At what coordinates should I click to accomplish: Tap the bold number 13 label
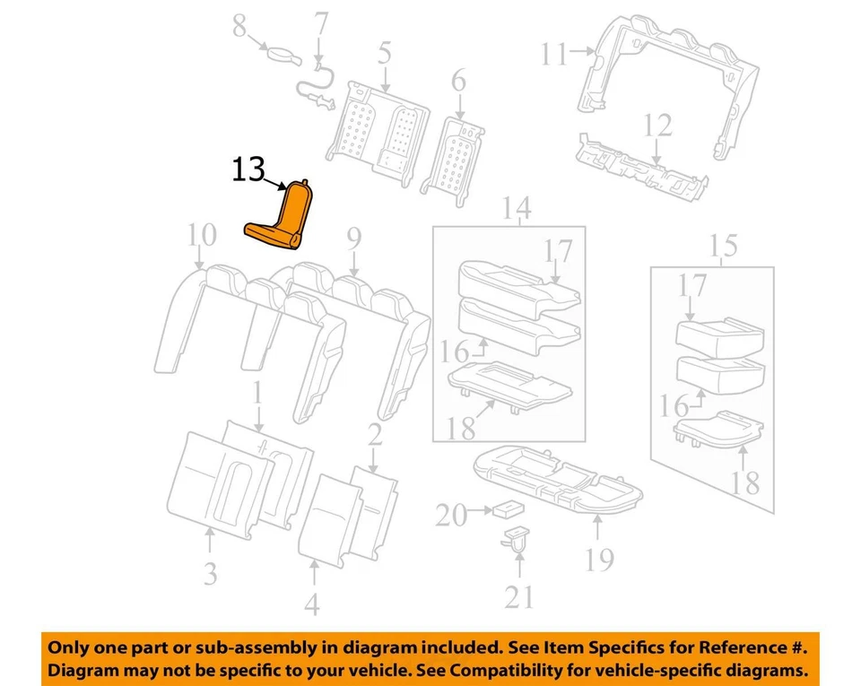(x=250, y=170)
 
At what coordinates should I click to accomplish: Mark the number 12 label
(x=659, y=125)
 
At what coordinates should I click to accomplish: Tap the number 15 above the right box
(x=724, y=244)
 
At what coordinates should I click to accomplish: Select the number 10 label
(x=202, y=236)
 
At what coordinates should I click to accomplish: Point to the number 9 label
(x=353, y=239)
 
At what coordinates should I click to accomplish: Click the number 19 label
(x=599, y=560)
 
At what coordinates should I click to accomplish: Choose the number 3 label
(x=209, y=572)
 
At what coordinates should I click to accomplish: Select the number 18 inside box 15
(x=745, y=482)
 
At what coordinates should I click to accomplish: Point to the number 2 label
(x=374, y=438)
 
